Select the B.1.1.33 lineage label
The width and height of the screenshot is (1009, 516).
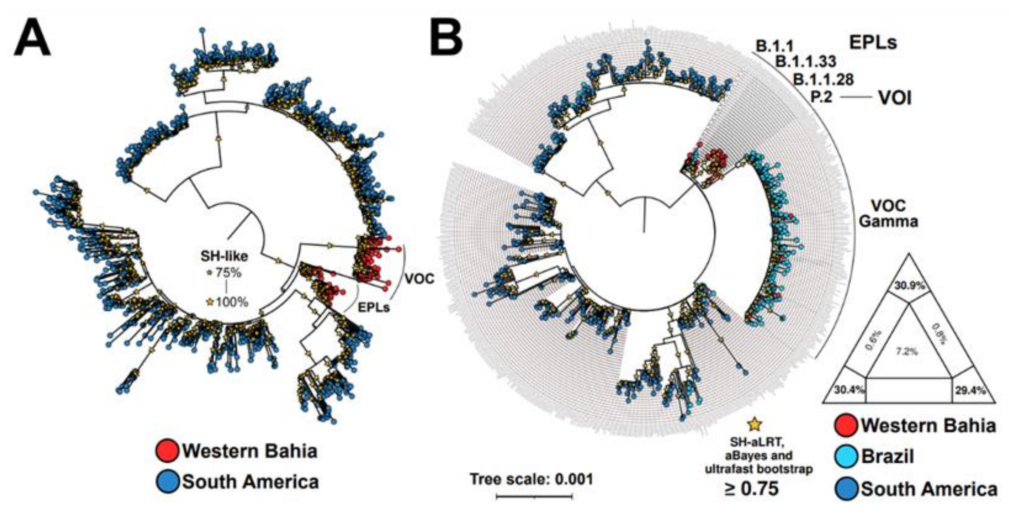click(x=806, y=62)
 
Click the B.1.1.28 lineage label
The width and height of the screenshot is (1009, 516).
click(x=823, y=80)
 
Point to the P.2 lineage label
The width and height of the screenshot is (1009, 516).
click(x=821, y=97)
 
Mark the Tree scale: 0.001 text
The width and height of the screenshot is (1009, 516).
click(x=532, y=479)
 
